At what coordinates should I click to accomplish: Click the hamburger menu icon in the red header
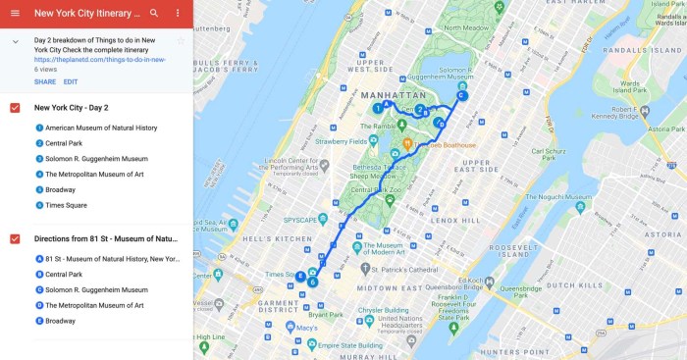tap(15, 14)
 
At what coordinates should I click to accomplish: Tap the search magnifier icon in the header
tap(154, 14)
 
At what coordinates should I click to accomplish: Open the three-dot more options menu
tap(178, 14)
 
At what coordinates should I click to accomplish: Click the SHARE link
tap(45, 81)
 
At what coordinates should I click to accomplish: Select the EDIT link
tap(71, 81)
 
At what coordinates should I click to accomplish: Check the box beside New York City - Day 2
tap(15, 107)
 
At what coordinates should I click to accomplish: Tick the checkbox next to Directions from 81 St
tap(15, 238)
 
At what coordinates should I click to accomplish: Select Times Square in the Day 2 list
tap(67, 205)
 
